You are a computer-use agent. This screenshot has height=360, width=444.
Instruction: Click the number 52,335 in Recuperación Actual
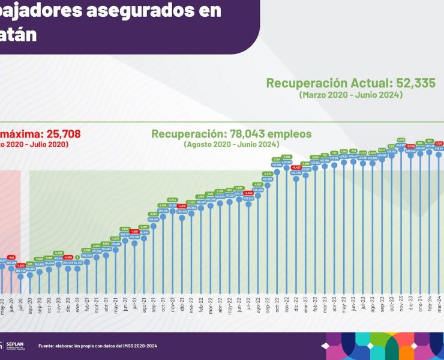[x=377, y=83]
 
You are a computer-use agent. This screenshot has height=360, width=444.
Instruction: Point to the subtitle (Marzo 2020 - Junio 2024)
[x=351, y=95]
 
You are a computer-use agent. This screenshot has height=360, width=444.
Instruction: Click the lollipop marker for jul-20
[x=21, y=277]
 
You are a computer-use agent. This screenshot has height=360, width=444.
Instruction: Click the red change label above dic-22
[x=295, y=167]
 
